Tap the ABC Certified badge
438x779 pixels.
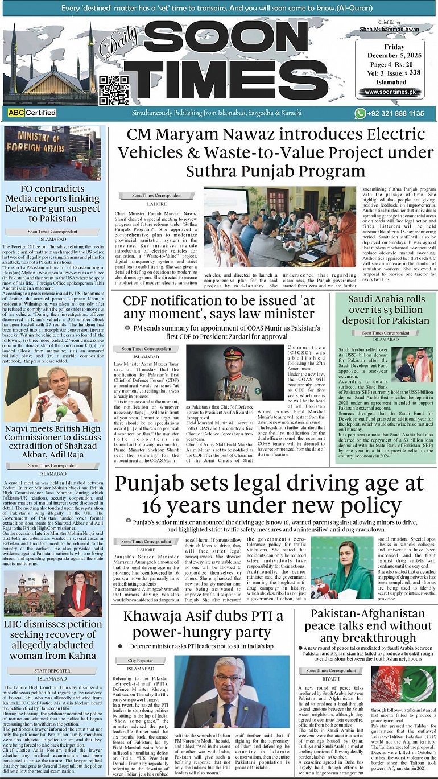coord(32,113)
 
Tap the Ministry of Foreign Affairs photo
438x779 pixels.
coord(52,153)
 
